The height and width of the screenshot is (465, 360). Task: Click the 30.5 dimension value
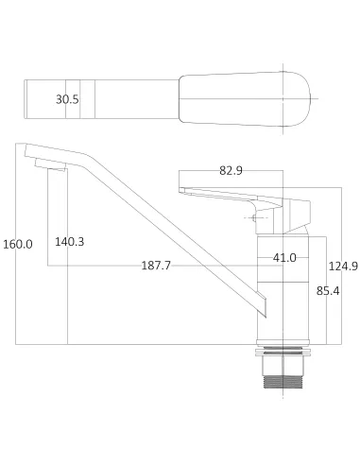67,98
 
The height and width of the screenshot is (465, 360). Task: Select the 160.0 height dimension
17,243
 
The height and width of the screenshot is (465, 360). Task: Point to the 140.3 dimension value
69,242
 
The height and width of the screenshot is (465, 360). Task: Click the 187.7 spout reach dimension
155,267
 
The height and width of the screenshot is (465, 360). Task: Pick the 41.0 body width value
284,257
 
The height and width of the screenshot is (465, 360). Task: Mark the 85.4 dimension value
328,291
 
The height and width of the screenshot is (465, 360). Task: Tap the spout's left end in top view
28,98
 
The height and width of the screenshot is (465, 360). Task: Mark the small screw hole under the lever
253,218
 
